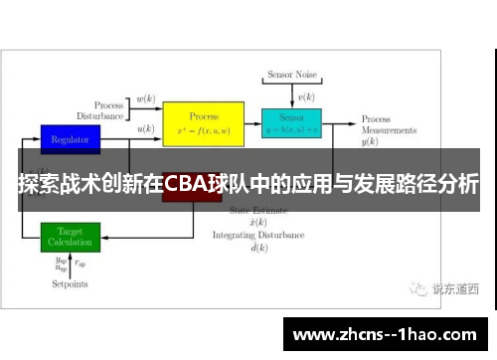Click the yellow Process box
coord(204,123)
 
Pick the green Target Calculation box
coord(71,237)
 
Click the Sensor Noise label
coord(291,76)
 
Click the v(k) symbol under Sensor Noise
coord(306,96)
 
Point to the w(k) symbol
coord(145,99)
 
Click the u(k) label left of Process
coord(145,129)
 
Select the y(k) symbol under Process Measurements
coord(370,142)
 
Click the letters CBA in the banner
coord(186,184)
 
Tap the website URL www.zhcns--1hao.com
coord(387,333)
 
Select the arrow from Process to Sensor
coord(253,125)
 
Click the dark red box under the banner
coord(191,197)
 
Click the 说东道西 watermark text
coord(455,289)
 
